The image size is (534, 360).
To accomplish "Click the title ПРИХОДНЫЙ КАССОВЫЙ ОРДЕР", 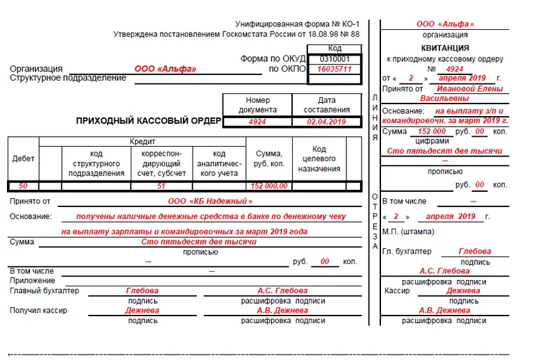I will (x=148, y=121).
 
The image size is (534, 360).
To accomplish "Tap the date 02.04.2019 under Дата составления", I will (x=326, y=122).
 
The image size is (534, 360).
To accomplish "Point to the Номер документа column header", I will (x=257, y=105).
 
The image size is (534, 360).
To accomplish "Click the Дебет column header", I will (x=23, y=159).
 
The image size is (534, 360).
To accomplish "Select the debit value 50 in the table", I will (x=23, y=186).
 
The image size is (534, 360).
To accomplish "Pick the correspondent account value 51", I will (x=161, y=186).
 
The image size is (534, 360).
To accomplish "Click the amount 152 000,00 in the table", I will (x=268, y=186).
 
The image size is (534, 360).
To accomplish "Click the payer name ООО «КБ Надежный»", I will (x=210, y=202).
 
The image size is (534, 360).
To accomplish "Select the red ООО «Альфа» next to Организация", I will (x=165, y=69).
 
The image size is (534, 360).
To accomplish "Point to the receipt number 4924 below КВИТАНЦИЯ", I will (x=455, y=69).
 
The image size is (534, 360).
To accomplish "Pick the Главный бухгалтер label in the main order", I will (x=44, y=291).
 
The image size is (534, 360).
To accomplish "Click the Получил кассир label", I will (x=38, y=310).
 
